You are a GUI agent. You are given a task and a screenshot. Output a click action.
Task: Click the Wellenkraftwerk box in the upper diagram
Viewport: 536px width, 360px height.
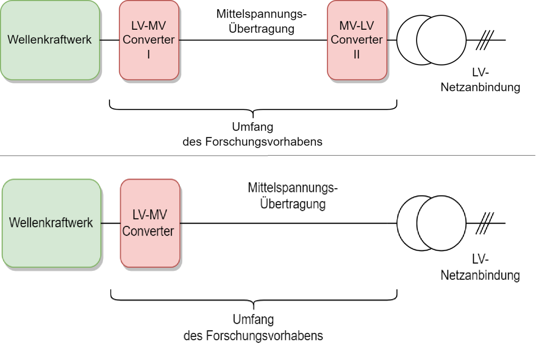pyautogui.click(x=50, y=40)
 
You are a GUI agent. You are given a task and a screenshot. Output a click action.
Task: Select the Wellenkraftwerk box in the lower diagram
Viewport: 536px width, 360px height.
pyautogui.click(x=51, y=223)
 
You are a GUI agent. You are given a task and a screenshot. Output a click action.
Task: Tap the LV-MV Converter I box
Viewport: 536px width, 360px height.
pyautogui.click(x=149, y=40)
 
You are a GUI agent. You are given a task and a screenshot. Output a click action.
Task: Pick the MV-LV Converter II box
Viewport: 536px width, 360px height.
pyautogui.click(x=357, y=40)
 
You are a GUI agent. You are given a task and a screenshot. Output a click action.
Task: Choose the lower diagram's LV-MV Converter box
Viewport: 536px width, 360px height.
pyautogui.click(x=150, y=223)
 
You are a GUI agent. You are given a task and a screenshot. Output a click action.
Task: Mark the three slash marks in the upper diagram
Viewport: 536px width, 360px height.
pyautogui.click(x=484, y=41)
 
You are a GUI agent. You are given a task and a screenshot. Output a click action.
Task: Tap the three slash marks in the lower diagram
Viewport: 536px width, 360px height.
pyautogui.click(x=484, y=223)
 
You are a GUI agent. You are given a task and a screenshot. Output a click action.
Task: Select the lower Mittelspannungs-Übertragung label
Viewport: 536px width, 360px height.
pyautogui.click(x=293, y=196)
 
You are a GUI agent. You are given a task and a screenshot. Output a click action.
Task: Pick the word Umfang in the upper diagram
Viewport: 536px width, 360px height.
pyautogui.click(x=253, y=127)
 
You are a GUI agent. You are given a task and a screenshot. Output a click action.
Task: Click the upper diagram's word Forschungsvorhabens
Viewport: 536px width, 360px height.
pyautogui.click(x=264, y=141)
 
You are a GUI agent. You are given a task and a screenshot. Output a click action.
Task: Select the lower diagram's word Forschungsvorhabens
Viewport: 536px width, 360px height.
pyautogui.click(x=264, y=335)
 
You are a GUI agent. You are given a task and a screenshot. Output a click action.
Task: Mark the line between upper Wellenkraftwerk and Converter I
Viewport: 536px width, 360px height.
pyautogui.click(x=109, y=41)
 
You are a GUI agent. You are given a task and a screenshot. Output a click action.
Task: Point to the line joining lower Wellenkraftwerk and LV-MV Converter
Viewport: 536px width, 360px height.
pyautogui.click(x=111, y=223)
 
